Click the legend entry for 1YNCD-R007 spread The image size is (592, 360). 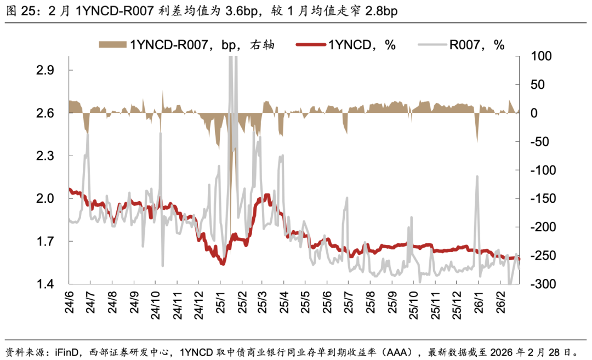point(186,45)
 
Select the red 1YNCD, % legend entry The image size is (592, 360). point(346,45)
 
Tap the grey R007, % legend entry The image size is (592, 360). point(461,45)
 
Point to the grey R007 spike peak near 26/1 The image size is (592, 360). point(477,176)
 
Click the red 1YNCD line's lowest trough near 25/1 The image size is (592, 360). point(223,264)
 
